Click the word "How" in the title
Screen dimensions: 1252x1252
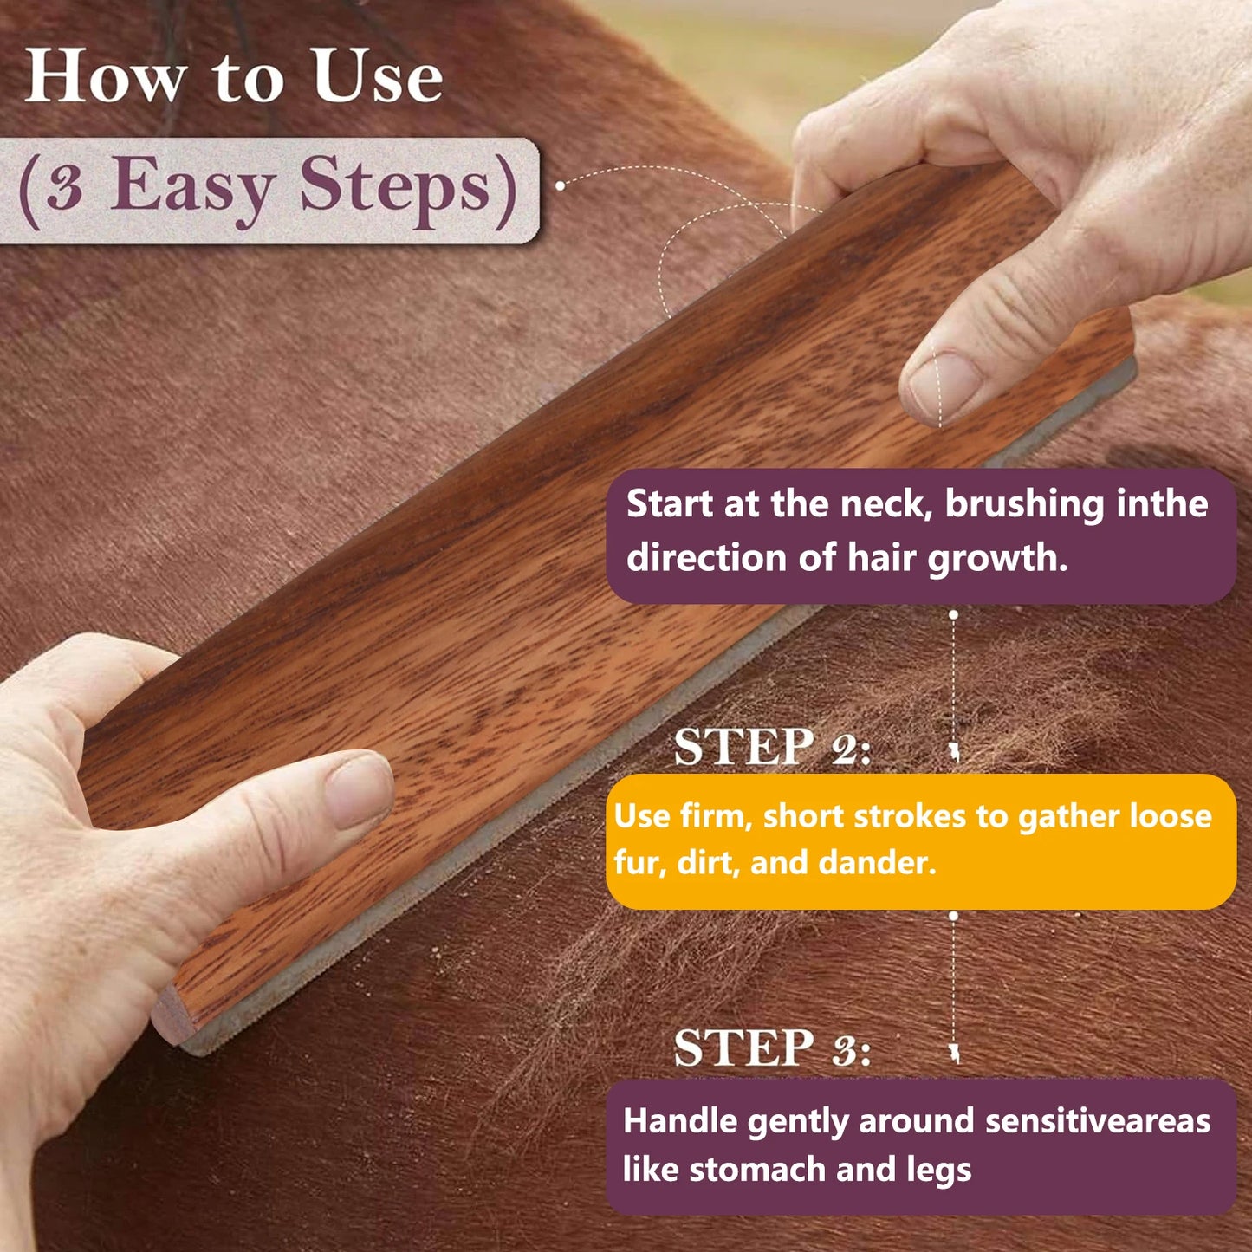(105, 76)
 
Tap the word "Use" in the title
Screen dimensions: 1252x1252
(377, 76)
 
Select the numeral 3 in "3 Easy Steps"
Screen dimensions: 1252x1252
(64, 186)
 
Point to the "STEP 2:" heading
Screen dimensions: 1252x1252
(771, 747)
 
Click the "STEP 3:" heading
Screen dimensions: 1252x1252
(771, 1048)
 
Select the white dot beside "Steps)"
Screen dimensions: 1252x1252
(561, 185)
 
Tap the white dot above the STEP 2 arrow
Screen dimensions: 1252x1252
(953, 614)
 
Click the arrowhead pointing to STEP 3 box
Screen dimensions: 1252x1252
(955, 1054)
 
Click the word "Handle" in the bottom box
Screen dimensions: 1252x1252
(680, 1121)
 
